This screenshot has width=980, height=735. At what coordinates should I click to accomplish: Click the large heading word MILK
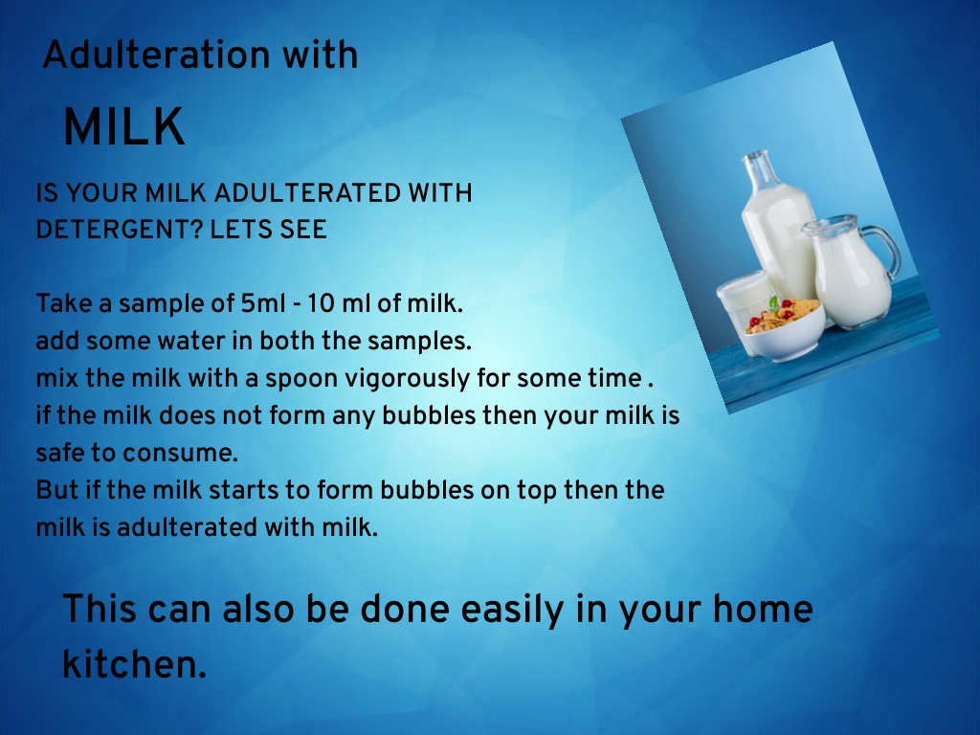(124, 126)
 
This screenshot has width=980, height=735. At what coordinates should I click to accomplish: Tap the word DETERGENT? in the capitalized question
(120, 230)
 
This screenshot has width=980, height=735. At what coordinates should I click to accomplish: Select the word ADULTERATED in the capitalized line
(307, 193)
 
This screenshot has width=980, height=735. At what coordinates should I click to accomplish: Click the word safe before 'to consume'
(60, 453)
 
